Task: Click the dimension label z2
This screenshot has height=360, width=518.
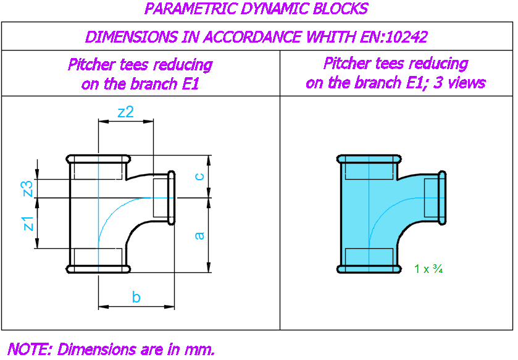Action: click(126, 112)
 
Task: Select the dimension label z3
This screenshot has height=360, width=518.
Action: click(28, 188)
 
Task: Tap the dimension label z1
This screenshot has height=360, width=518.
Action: click(29, 224)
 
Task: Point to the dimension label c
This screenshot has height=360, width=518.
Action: click(200, 177)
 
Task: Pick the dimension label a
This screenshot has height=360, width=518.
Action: click(199, 235)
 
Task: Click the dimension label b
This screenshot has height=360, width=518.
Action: click(136, 297)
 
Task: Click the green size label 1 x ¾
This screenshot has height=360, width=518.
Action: click(428, 269)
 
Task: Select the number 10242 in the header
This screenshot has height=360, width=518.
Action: click(406, 36)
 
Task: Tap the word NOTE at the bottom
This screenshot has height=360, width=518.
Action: click(30, 349)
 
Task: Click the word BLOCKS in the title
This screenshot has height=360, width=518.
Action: click(340, 8)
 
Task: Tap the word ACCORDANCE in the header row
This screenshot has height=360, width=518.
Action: click(253, 36)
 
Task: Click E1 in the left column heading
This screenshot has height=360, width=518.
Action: click(190, 83)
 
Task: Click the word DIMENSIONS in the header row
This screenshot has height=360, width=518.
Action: click(131, 36)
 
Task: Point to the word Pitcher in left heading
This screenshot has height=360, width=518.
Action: click(91, 64)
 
